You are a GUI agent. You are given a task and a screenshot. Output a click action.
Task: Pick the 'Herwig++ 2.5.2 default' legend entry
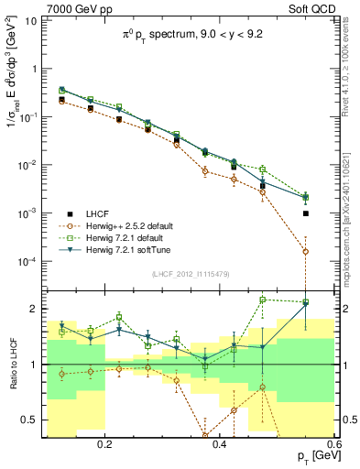click(135, 225)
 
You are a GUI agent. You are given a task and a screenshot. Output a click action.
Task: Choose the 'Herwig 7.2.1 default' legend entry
click(131, 238)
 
